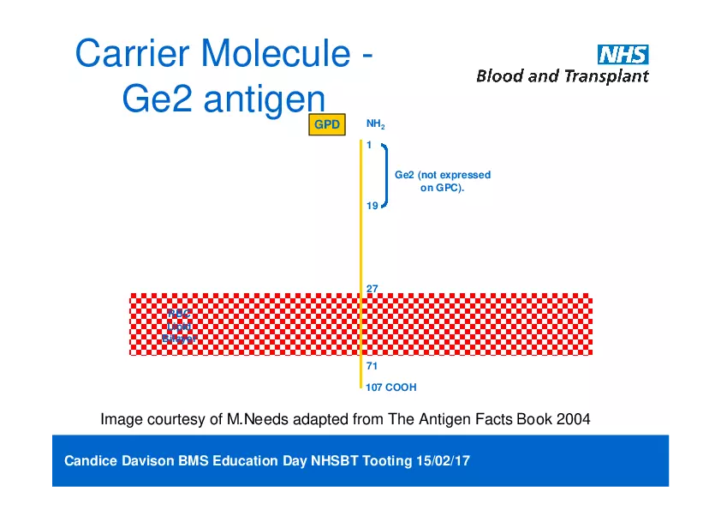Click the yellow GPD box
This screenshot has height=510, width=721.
click(x=326, y=125)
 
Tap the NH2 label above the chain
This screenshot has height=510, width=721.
click(x=375, y=124)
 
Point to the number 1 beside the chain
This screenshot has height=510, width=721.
click(x=369, y=145)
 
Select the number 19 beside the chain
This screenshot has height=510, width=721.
click(x=372, y=206)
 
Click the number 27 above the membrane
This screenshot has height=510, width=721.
click(x=372, y=289)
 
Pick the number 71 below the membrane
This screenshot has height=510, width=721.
click(x=372, y=366)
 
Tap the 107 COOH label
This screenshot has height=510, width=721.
click(x=390, y=387)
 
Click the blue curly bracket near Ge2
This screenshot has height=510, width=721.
click(x=387, y=175)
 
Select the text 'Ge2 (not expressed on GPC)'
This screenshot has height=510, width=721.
click(x=442, y=181)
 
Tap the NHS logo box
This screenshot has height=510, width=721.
click(x=623, y=55)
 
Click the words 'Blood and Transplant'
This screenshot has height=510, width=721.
click(x=562, y=76)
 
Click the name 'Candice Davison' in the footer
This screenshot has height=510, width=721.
click(x=119, y=461)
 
